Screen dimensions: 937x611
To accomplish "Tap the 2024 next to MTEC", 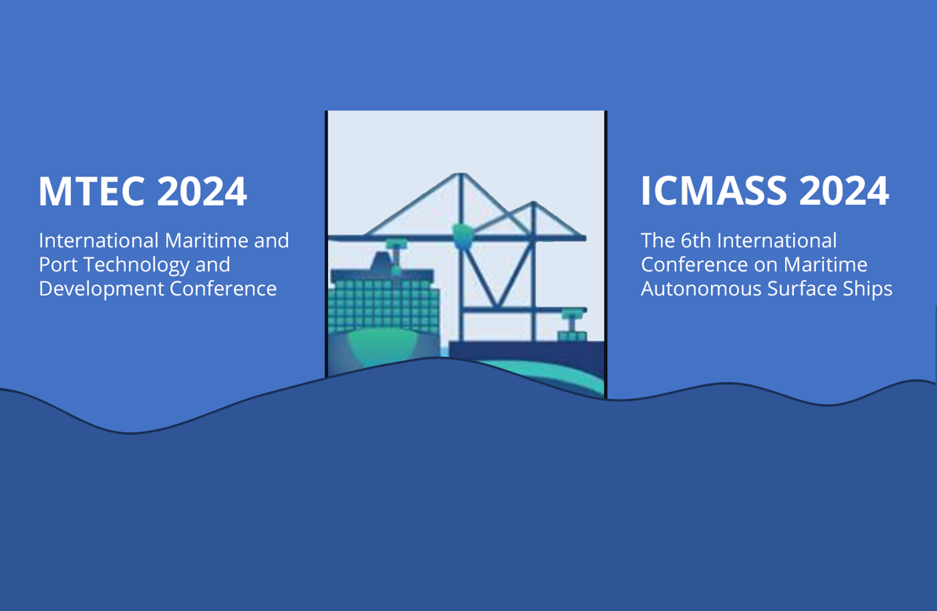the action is (202, 191).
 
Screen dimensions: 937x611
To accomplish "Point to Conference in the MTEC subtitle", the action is (223, 289).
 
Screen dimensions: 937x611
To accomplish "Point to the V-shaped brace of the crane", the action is (498, 276).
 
